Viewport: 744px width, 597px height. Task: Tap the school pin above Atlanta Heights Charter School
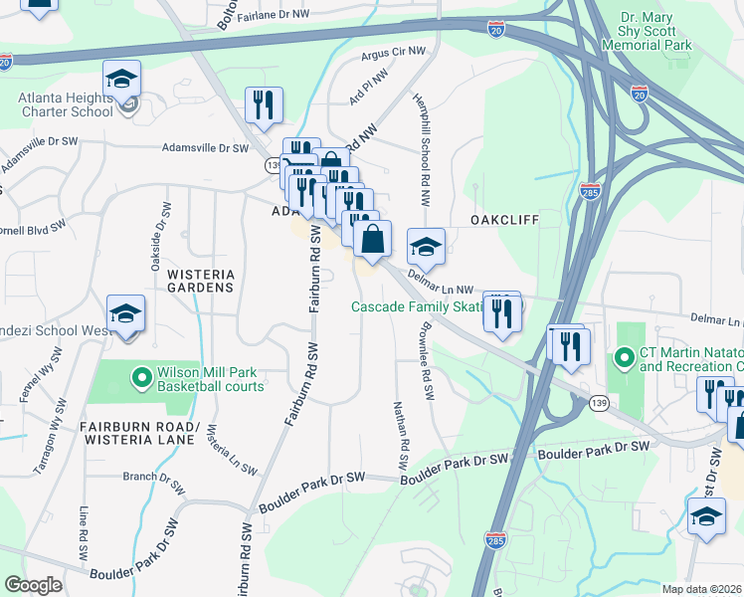(122, 78)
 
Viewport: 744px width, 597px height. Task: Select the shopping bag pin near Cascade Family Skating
(372, 241)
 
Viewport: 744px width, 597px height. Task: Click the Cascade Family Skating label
(416, 306)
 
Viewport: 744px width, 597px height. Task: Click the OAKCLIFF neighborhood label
(504, 219)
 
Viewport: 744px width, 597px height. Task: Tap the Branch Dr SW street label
(154, 476)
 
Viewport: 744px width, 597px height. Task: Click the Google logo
(33, 585)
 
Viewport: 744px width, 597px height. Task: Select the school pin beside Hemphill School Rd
(426, 245)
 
